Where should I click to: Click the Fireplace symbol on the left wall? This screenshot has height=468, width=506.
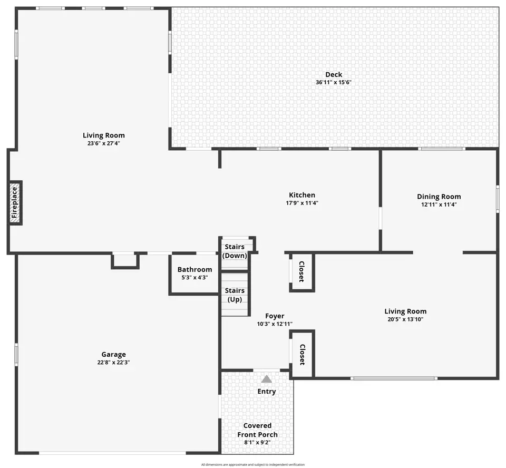pyautogui.click(x=15, y=203)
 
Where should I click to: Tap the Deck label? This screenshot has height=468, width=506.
pyautogui.click(x=333, y=74)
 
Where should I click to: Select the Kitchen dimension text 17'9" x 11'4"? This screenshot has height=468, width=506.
pyautogui.click(x=301, y=203)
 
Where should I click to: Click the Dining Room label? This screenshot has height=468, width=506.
pyautogui.click(x=439, y=197)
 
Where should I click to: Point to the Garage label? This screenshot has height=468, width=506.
pyautogui.click(x=114, y=354)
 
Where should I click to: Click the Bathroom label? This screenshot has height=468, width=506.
pyautogui.click(x=194, y=269)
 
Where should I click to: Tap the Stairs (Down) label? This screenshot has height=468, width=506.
pyautogui.click(x=235, y=251)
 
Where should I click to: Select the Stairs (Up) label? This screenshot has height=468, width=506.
pyautogui.click(x=235, y=295)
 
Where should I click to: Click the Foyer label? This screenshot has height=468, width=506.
pyautogui.click(x=275, y=316)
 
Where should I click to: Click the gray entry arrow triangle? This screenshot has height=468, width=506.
pyautogui.click(x=267, y=379)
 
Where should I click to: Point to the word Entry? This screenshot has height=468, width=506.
pyautogui.click(x=267, y=392)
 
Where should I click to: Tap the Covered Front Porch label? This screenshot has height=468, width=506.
pyautogui.click(x=257, y=430)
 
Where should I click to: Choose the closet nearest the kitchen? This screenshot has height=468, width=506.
pyautogui.click(x=301, y=272)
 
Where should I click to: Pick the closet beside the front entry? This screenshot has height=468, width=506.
pyautogui.click(x=302, y=354)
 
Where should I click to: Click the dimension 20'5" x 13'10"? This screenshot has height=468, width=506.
pyautogui.click(x=405, y=319)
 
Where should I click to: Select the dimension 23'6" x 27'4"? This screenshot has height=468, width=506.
pyautogui.click(x=104, y=143)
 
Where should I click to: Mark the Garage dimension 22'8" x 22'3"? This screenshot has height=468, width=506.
pyautogui.click(x=114, y=363)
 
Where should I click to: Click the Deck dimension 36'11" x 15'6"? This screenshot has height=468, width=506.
pyautogui.click(x=333, y=82)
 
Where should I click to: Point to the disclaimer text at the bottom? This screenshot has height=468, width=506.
pyautogui.click(x=252, y=465)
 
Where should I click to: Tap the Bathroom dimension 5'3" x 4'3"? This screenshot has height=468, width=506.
pyautogui.click(x=194, y=278)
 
